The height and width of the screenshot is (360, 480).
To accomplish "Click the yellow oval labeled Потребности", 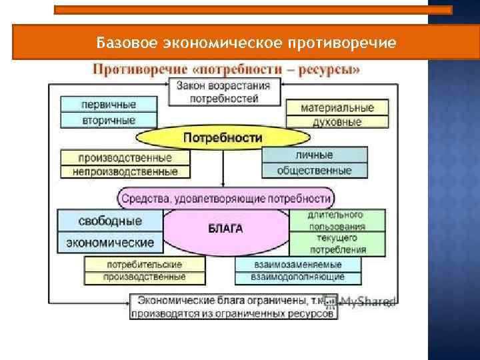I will coord(223,138).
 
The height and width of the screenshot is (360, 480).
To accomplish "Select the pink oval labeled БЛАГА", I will coord(226,229).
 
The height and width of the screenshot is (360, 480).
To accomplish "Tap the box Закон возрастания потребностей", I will coord(224,92).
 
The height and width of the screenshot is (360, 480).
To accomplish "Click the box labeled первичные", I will coord(108,105).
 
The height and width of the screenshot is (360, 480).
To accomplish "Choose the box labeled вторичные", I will coord(108,121).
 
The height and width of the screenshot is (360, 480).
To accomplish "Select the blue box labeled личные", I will coord(314,155).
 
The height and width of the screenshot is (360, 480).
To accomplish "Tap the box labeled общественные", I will coord(314,171).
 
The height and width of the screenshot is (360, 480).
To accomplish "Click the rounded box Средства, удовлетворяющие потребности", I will coord(225,199).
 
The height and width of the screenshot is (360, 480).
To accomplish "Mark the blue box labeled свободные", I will coord(110,220).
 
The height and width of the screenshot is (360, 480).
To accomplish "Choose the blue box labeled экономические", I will coord(110,243).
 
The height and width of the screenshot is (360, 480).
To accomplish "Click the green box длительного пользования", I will coord(336,221).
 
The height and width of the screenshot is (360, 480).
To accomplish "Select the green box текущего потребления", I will coord(336,244).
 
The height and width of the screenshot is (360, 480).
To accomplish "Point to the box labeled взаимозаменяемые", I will coord(297,265).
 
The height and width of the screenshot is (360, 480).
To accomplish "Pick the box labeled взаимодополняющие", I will coord(297,277).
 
